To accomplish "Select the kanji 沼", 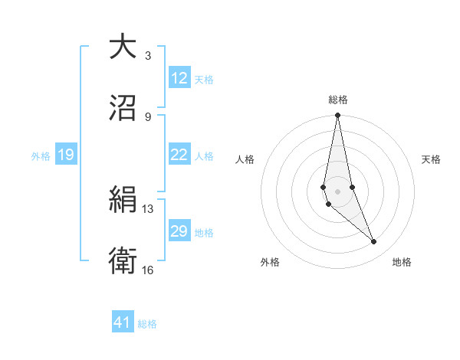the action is coord(123,108).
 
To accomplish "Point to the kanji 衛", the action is coord(123,261).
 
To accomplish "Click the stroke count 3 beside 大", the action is coord(148,55).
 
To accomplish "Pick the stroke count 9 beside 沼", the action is coord(148,116).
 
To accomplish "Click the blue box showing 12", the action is coord(179,77).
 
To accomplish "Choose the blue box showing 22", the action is coord(179,155).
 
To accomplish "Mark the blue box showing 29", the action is coord(179,231).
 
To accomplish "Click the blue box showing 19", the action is coord(66,155).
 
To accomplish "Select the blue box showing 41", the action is coord(123,322).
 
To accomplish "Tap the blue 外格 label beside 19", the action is coord(41,155).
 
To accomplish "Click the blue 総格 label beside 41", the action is coord(147,323).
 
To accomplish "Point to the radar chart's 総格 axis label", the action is coord(337,100).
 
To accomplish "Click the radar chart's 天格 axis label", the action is coord(431,159).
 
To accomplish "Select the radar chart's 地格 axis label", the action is coord(402,262).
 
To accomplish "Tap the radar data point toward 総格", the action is coord(337,116).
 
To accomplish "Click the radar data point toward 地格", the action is coord(374,242).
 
